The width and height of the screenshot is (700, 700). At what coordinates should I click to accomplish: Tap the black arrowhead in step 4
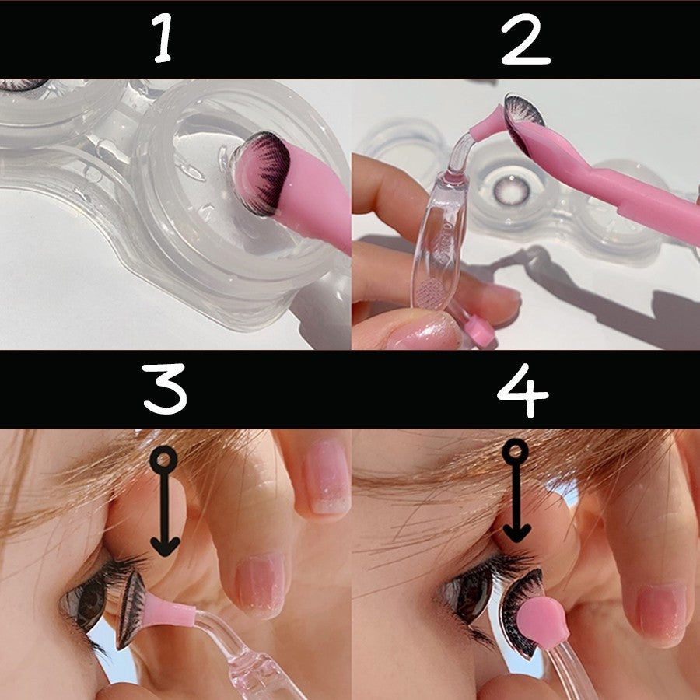pos(516,532)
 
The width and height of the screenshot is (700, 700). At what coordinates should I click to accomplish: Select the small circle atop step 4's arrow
pos(514,450)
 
